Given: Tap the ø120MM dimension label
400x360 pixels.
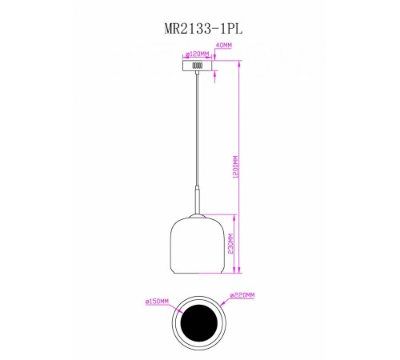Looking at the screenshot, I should [197, 54].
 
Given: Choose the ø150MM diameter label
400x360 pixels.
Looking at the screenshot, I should [158, 301].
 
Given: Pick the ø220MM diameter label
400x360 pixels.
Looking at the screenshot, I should [242, 296].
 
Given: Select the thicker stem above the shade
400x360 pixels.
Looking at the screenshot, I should [197, 200].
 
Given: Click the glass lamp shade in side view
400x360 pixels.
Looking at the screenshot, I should [197, 244].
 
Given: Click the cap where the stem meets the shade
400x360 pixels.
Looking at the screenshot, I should [197, 215].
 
